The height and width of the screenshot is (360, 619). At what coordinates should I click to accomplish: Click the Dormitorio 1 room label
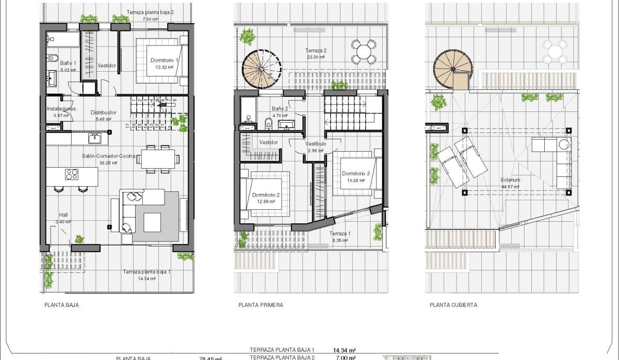(164, 60)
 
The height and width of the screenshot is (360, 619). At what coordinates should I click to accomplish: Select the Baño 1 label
(68, 63)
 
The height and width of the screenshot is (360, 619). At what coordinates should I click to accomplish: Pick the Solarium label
(510, 180)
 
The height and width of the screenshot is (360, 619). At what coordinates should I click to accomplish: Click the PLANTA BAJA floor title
(62, 305)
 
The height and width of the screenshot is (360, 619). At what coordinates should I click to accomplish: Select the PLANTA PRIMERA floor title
(260, 305)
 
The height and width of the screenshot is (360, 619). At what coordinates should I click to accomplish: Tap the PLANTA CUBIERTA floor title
(453, 305)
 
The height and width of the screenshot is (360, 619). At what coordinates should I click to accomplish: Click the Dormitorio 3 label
(356, 174)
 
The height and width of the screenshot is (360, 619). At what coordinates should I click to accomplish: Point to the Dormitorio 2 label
(266, 195)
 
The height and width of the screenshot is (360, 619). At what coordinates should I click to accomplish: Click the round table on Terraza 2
(364, 51)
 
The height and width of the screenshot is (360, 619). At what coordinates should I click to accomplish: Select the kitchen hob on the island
(71, 174)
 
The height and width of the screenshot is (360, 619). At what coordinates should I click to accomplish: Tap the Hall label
(63, 215)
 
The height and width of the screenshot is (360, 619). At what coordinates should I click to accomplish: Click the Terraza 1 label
(340, 234)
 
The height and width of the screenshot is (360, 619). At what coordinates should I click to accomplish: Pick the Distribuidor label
(103, 112)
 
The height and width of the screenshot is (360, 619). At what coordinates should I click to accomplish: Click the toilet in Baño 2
(267, 124)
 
